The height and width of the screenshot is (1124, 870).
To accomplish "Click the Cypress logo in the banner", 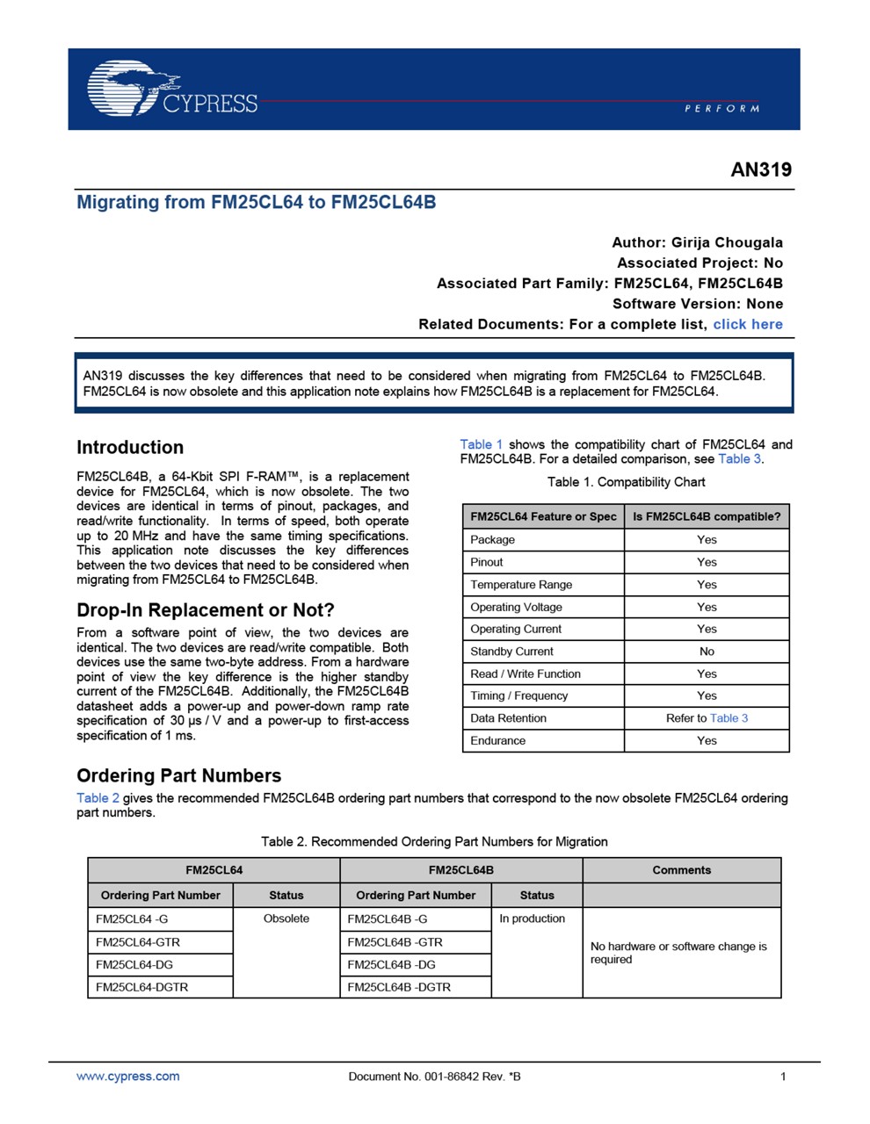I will coord(172,90).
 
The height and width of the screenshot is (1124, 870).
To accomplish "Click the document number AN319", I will coord(761,169).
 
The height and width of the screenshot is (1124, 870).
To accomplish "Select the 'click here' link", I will coord(747,324).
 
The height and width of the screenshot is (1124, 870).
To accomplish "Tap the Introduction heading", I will coord(130,447).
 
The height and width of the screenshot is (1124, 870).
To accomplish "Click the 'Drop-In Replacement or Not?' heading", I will coord(206,609).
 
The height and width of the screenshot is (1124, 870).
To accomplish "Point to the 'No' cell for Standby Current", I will coord(707,652).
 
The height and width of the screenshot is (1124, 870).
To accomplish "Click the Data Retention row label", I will coord(508,718).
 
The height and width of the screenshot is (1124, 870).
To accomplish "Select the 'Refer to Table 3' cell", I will coord(707,718).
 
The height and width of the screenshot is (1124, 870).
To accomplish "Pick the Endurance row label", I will coord(497,740).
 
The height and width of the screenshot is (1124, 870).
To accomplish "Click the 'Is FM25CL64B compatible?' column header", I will coord(707,516).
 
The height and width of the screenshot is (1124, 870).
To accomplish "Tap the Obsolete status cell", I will coord(286,919).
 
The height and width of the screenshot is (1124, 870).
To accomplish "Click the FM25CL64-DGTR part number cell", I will coord(141,987).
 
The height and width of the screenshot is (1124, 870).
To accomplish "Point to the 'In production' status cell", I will coord(533,919).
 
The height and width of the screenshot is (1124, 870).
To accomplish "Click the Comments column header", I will coord(681,870).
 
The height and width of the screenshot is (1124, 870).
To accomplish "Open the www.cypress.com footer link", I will coord(128,1076).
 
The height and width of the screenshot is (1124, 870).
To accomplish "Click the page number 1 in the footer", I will coord(783,1076).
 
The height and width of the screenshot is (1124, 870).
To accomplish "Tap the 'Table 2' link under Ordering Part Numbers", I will coord(98,797).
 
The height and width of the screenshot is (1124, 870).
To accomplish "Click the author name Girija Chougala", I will coord(727,242).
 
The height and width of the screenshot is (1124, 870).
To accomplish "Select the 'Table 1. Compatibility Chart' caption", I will coord(626,482).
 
